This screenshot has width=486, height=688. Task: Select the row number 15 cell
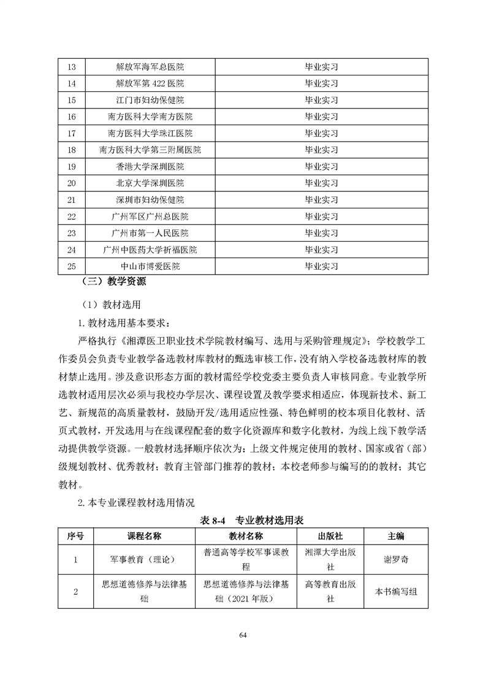coord(72,100)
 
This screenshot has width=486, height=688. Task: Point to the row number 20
coord(72,183)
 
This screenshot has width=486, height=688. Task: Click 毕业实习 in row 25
coord(321,267)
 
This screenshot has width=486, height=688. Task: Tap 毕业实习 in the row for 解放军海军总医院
coord(321,67)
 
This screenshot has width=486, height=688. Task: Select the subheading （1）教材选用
coord(112,304)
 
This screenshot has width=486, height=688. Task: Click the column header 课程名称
coord(144,536)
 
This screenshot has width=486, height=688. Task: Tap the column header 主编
coord(396,536)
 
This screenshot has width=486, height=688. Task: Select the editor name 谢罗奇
coord(396,560)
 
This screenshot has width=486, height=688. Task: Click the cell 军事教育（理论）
coord(144,560)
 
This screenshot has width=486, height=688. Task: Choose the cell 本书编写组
coord(396,592)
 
